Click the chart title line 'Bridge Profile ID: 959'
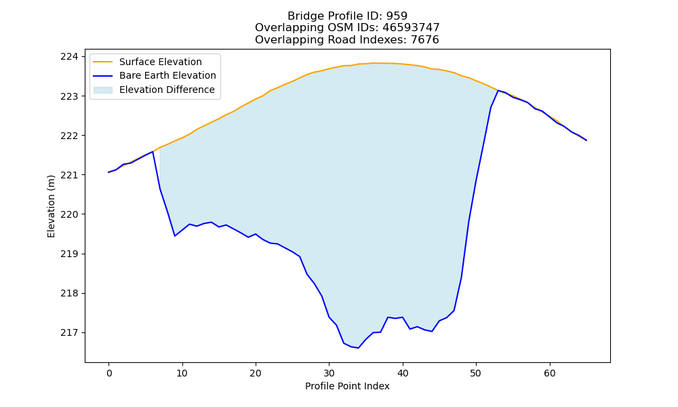347,16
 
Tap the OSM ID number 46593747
411,28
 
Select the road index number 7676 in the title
424,40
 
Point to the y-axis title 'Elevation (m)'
51,206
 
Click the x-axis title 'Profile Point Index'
347,386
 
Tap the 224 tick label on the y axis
70,57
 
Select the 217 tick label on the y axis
70,332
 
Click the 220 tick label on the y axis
70,214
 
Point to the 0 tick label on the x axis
109,373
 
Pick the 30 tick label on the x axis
329,373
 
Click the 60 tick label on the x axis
550,373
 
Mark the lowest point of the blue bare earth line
359,348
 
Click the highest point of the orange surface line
373,63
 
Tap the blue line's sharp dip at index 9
175,236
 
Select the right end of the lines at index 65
586,140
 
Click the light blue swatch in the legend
103,90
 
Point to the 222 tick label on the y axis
70,136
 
